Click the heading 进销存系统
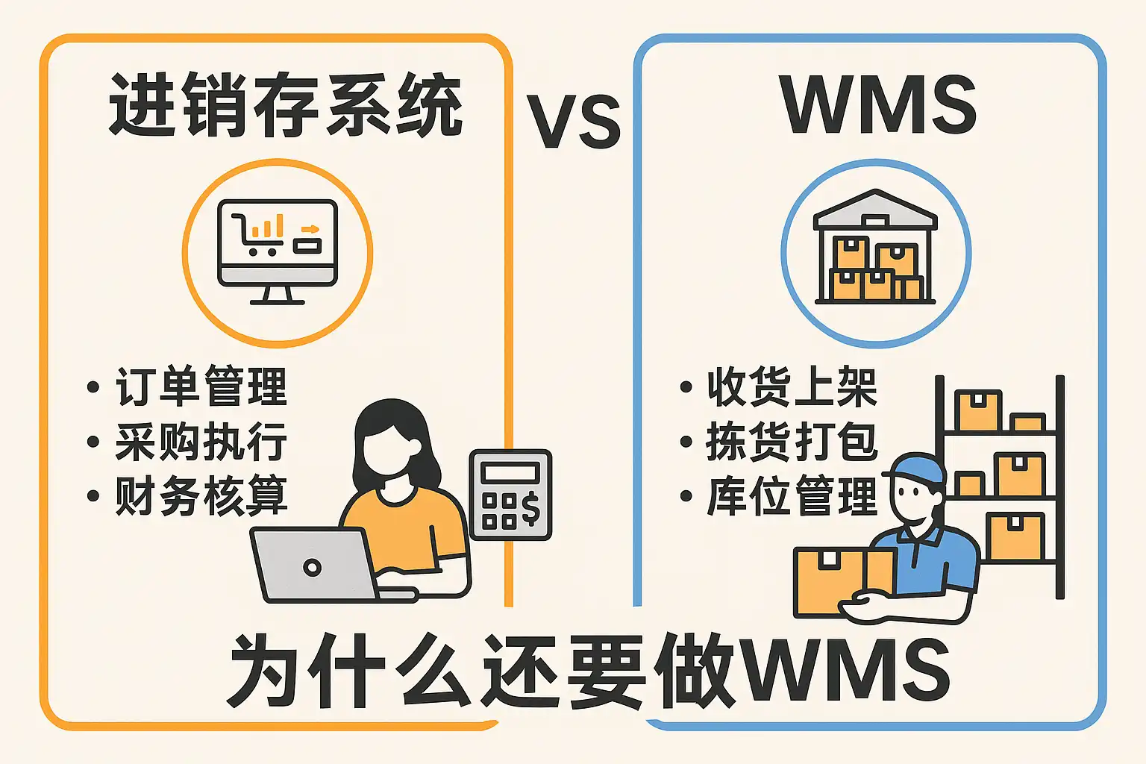tap(286, 105)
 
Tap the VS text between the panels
tap(573, 122)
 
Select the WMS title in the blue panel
tap(878, 105)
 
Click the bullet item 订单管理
tap(201, 386)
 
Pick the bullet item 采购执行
tap(201, 441)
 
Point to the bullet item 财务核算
tap(201, 495)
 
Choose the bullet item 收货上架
tap(792, 386)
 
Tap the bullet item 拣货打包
tap(792, 441)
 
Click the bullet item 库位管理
tap(792, 495)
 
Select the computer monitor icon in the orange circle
tap(278, 251)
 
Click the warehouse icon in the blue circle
tap(875, 247)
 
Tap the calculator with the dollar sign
tap(510, 495)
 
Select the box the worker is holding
tap(844, 583)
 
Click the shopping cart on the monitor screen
tap(256, 234)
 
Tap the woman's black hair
tap(395, 440)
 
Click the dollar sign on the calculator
tap(530, 509)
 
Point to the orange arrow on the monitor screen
tap(310, 229)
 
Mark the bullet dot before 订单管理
tap(93, 386)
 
